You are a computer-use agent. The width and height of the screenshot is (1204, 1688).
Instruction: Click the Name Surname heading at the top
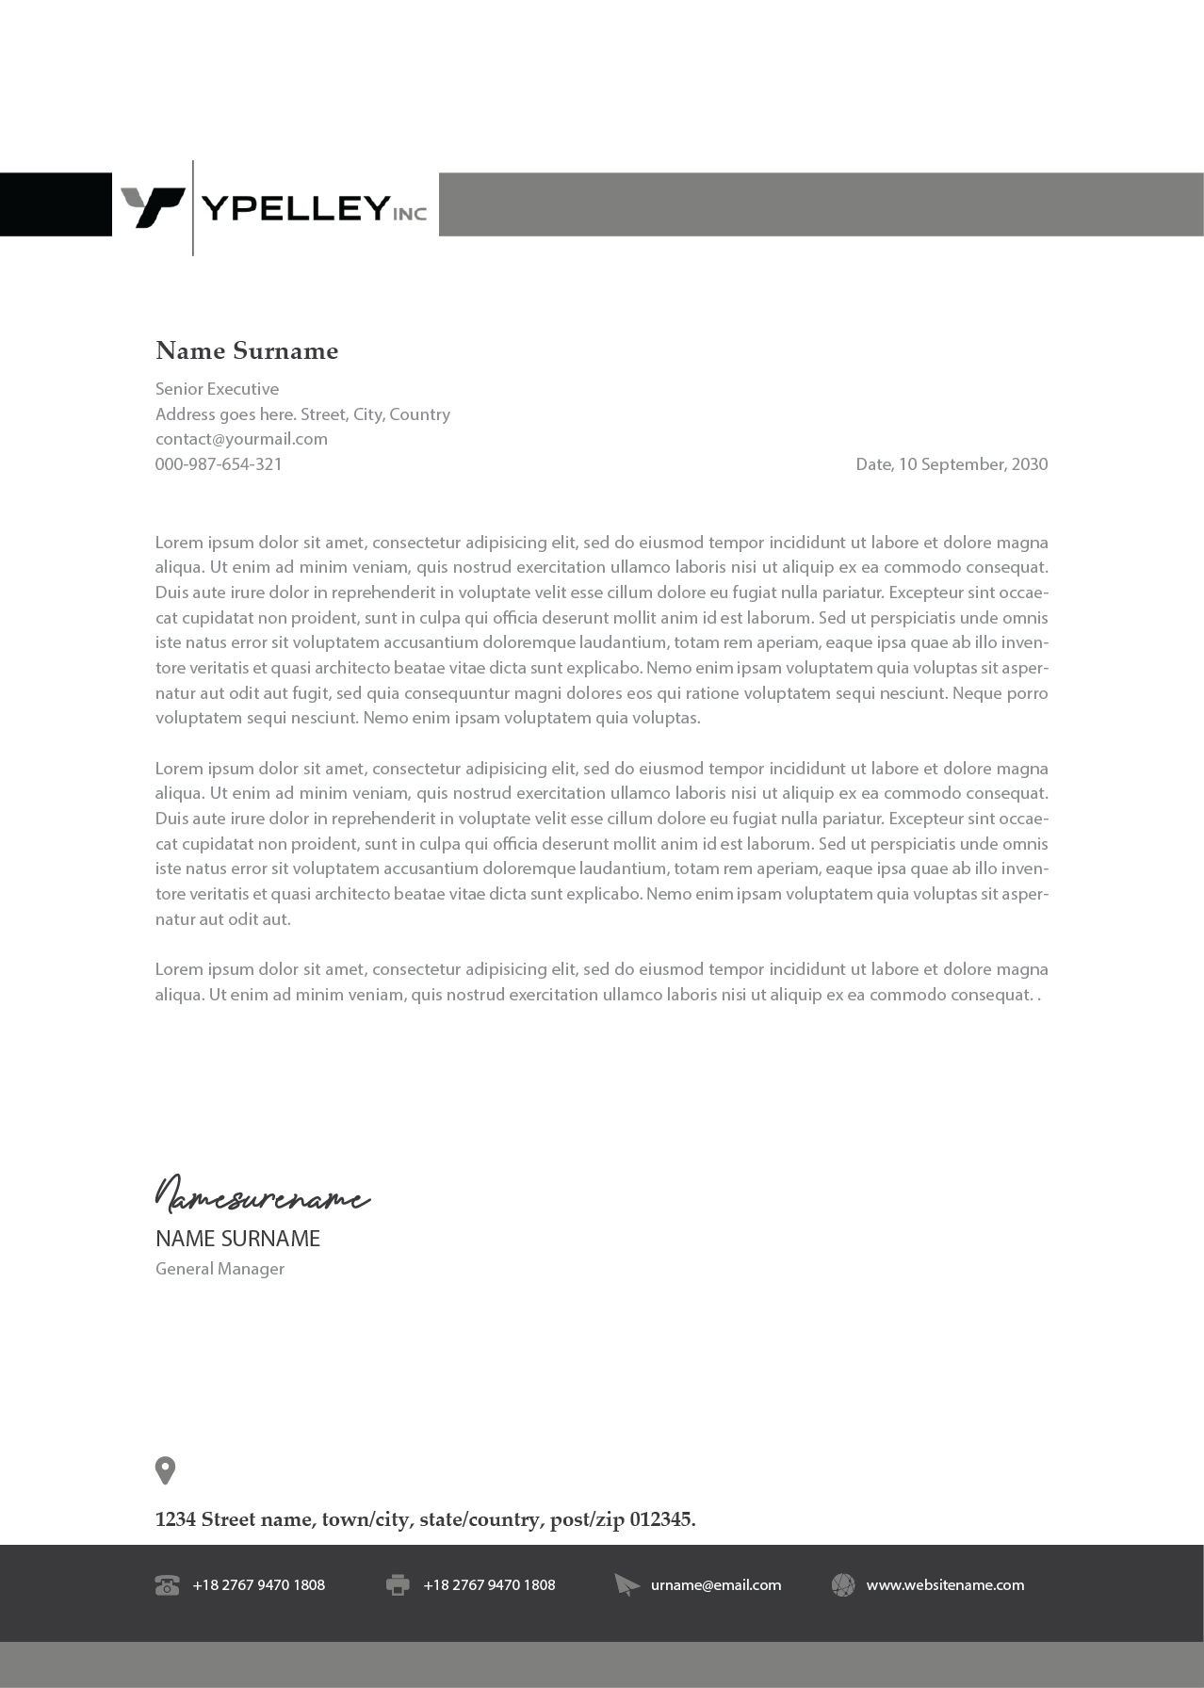(x=247, y=351)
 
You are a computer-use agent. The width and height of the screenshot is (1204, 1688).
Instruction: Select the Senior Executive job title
(x=217, y=389)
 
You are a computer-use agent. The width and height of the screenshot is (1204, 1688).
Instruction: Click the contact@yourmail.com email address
(x=241, y=439)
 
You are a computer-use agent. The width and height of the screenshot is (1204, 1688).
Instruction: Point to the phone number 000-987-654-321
(x=219, y=464)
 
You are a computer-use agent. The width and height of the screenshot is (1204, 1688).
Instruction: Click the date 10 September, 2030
(x=972, y=464)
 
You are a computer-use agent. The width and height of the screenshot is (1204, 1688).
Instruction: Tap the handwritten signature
(x=261, y=1194)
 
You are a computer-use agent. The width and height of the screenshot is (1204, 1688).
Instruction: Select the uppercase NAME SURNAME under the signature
(x=237, y=1240)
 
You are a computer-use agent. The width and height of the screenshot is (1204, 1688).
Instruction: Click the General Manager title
(x=220, y=1270)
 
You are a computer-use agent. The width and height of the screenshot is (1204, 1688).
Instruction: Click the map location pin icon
(x=165, y=1469)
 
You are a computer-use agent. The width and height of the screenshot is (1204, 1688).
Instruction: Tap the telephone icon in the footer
(x=167, y=1585)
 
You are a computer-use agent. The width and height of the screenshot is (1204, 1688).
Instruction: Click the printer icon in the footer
(x=398, y=1585)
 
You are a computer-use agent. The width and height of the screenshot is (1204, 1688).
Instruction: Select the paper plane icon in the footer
(x=626, y=1585)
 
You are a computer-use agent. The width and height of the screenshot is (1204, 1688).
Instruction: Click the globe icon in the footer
(x=843, y=1585)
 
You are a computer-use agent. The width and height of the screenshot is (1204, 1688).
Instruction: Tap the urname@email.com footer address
(x=716, y=1585)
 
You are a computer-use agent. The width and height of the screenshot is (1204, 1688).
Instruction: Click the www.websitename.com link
(x=945, y=1585)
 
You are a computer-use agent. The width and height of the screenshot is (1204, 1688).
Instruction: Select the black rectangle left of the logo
(x=55, y=203)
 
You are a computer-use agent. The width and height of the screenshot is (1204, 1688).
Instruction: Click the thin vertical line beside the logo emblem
(x=193, y=207)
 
